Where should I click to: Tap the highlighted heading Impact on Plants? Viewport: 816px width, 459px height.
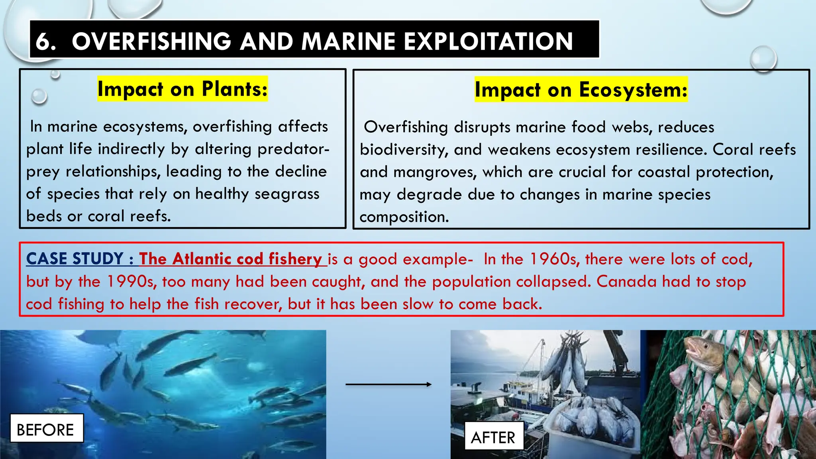click(x=182, y=88)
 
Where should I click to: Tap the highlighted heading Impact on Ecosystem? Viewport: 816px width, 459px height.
click(x=581, y=89)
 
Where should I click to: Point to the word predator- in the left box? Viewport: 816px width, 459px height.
click(x=293, y=149)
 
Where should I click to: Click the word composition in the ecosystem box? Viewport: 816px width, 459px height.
click(x=404, y=217)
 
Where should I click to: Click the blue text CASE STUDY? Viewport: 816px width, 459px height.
click(x=75, y=259)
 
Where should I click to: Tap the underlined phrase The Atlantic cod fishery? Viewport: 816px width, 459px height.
click(x=230, y=259)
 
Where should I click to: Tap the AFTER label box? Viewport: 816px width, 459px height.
click(x=493, y=436)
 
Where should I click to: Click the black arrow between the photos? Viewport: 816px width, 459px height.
click(x=388, y=384)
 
